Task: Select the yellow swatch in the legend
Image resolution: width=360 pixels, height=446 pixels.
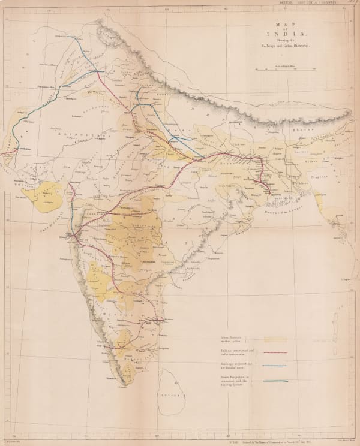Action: coord(278,339)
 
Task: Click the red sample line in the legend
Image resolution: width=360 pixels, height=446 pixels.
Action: coord(278,354)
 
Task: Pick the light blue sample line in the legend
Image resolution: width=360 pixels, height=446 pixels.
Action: coord(278,366)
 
